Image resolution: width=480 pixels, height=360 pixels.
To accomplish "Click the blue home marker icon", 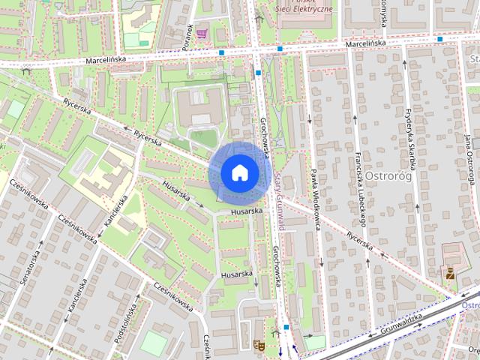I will coord(239,172).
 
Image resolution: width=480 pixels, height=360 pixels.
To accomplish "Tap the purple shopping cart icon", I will coord(202,33).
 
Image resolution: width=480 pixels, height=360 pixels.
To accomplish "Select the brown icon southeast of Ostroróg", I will coord(450,274).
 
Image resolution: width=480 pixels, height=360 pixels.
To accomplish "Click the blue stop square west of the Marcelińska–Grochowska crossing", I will coord(222,52).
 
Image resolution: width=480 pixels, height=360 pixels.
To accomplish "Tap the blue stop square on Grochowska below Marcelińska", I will coord(258,73).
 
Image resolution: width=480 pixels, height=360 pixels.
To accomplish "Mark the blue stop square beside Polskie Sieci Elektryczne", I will coord(279,49).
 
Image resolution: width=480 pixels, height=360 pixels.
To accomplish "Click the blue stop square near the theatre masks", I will coord(286,328).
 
